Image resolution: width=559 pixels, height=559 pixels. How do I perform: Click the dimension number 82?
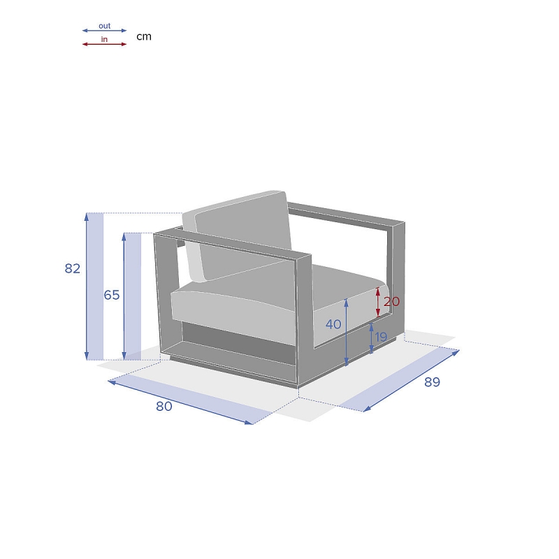73,268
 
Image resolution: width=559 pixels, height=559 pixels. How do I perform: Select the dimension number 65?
112,295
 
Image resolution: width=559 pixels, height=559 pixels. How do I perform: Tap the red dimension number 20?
391,302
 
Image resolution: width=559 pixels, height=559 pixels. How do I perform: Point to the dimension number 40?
333,324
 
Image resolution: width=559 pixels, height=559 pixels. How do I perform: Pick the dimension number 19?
381,337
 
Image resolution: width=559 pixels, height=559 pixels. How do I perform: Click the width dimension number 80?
164,406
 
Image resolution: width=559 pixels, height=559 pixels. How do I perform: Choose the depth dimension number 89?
432,382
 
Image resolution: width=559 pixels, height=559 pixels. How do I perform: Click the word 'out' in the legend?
104,26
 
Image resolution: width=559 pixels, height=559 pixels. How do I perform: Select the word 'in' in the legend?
104,39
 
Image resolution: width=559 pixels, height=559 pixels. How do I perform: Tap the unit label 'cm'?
144,36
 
